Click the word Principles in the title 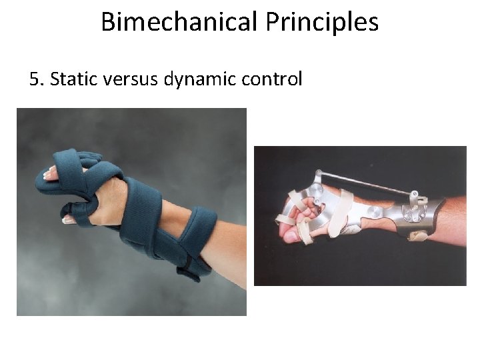(322, 21)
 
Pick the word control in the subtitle (273, 79)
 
